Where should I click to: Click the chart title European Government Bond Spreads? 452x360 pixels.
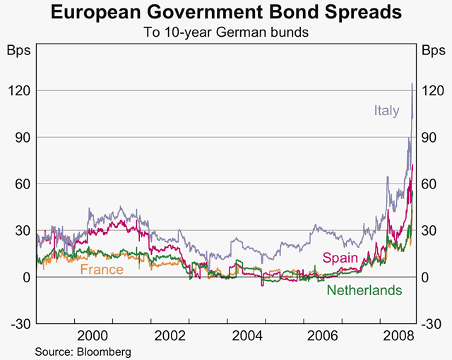click(x=226, y=13)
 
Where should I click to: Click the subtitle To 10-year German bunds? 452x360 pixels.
click(x=226, y=32)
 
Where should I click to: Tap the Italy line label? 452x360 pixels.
click(x=386, y=110)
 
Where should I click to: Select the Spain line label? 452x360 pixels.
click(x=340, y=258)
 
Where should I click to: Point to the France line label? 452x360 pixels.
click(x=102, y=270)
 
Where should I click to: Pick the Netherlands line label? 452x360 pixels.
click(x=364, y=290)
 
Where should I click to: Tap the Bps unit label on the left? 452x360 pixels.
click(x=17, y=51)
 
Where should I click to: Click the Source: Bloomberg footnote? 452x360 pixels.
click(x=83, y=350)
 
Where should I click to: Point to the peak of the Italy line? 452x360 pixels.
click(x=412, y=83)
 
